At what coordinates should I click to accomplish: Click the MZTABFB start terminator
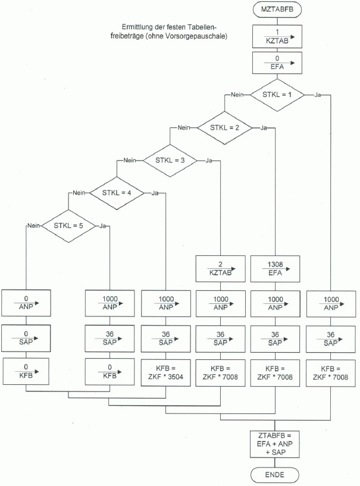(277, 10)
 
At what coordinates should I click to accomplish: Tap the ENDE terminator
(275, 474)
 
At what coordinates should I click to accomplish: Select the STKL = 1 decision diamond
(276, 94)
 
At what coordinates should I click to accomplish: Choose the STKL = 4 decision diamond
(117, 193)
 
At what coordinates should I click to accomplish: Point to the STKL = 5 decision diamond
(68, 225)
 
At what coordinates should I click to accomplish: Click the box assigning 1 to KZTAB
(276, 36)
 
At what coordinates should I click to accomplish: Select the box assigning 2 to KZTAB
(221, 268)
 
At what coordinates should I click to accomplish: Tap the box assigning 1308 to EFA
(275, 268)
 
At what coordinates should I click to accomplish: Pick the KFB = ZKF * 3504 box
(167, 373)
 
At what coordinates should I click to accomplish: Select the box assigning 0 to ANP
(26, 303)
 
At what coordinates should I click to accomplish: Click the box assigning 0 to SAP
(26, 338)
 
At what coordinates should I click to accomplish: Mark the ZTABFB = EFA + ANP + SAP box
(275, 445)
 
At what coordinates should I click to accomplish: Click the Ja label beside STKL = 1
(318, 95)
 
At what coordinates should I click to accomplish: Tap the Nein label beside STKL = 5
(33, 225)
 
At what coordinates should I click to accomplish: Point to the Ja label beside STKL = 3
(209, 161)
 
